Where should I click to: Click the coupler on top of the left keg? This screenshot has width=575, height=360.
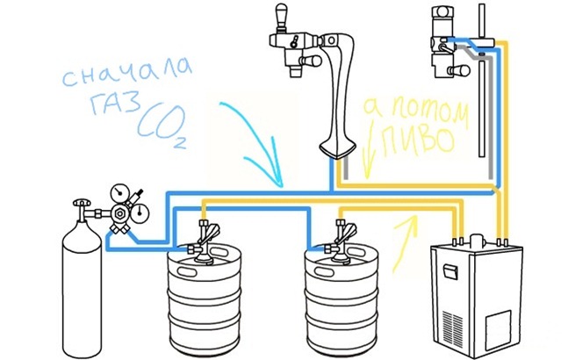(x=208, y=237)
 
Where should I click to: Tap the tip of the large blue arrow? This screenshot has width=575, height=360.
(x=282, y=184)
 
